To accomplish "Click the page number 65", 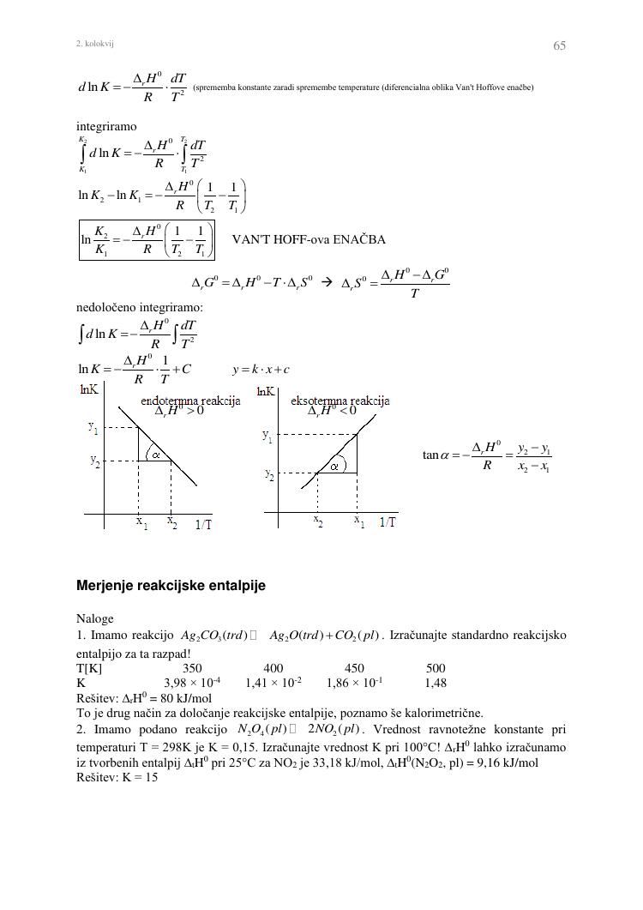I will (x=559, y=45).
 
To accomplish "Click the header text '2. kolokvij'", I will (x=95, y=43).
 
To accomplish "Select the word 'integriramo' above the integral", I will (x=106, y=127).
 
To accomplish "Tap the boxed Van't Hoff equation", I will (x=147, y=239).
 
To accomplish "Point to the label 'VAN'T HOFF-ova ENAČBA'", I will (x=309, y=239).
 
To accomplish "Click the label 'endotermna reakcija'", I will (x=190, y=401).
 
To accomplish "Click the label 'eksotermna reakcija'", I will (x=340, y=401).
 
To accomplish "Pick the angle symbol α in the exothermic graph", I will (x=335, y=466).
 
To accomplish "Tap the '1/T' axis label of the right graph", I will (x=388, y=521).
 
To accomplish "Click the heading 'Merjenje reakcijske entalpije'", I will (x=171, y=586).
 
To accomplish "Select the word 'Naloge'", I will (x=95, y=618).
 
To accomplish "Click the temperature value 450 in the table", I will (x=354, y=668).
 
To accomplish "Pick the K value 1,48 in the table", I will (x=436, y=684).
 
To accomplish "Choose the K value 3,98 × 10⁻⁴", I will (x=191, y=684).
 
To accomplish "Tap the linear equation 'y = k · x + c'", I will (x=261, y=370).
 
